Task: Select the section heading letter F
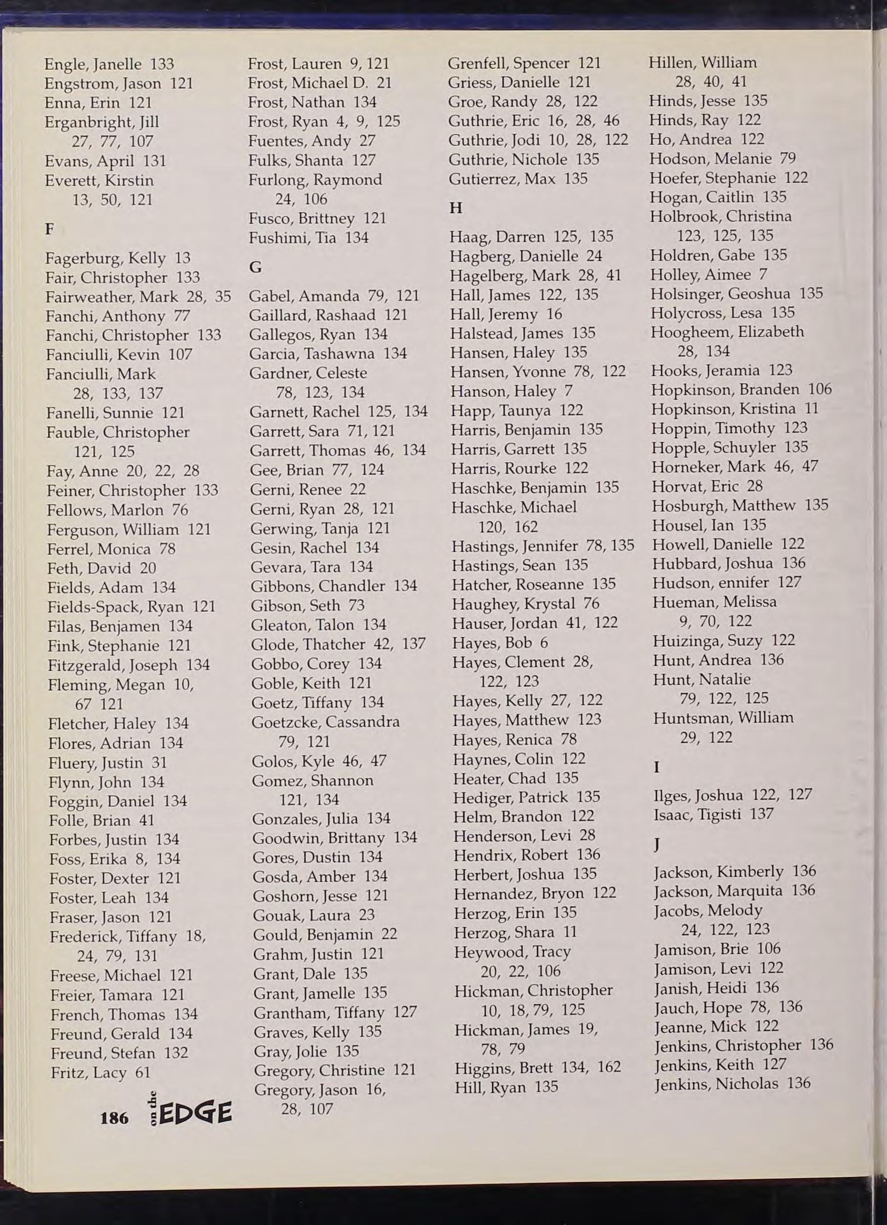tap(50, 229)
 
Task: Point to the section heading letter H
tap(455, 208)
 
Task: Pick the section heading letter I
tap(657, 767)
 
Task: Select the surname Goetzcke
tap(284, 722)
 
